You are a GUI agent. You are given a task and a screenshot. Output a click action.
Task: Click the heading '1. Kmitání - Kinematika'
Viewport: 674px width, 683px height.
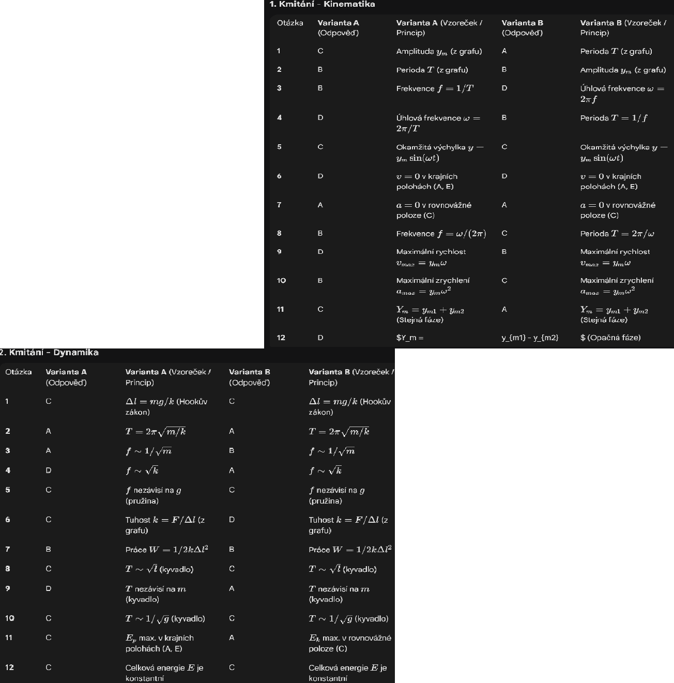[322, 4]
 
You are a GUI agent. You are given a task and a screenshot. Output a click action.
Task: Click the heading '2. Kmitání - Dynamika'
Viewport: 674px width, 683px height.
[50, 353]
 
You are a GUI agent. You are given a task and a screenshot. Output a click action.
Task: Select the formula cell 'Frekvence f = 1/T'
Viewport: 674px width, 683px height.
[435, 88]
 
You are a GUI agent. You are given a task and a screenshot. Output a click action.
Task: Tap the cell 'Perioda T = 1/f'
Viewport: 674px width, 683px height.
[614, 118]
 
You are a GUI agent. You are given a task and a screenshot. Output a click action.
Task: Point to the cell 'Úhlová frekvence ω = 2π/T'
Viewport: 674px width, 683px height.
[438, 123]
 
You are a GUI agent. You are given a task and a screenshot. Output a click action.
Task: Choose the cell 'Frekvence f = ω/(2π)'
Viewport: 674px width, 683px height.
[441, 234]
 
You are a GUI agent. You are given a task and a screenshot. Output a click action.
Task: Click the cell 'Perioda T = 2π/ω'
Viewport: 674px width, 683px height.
[617, 234]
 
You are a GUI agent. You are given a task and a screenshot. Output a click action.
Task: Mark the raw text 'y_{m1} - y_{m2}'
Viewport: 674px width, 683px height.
[530, 338]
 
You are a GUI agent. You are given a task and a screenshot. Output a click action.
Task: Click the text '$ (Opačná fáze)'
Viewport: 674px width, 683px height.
[610, 338]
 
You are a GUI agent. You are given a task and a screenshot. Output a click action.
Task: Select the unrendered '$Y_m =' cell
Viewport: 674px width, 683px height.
[410, 338]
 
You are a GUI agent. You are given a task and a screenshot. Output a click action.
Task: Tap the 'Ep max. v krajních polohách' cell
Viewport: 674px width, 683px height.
[159, 643]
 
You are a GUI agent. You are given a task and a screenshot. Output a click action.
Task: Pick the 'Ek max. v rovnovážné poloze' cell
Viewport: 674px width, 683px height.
[349, 643]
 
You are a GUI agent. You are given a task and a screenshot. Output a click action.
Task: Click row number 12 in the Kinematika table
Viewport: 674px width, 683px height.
[281, 338]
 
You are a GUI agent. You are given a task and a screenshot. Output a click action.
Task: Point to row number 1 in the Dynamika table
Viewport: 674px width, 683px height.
[8, 401]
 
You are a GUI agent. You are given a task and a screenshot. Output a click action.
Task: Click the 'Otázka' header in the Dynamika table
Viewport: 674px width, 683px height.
[19, 372]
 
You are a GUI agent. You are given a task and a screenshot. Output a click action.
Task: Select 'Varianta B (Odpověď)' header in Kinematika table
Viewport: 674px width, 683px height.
[522, 27]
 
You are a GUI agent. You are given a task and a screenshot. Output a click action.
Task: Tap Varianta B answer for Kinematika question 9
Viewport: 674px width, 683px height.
[504, 252]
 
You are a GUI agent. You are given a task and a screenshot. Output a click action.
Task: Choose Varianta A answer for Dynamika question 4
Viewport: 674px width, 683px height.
[49, 470]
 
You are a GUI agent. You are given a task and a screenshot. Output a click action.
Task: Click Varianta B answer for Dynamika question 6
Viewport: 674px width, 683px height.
[232, 520]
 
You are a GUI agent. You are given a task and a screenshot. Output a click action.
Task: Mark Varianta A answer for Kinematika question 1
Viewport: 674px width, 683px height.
[320, 51]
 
